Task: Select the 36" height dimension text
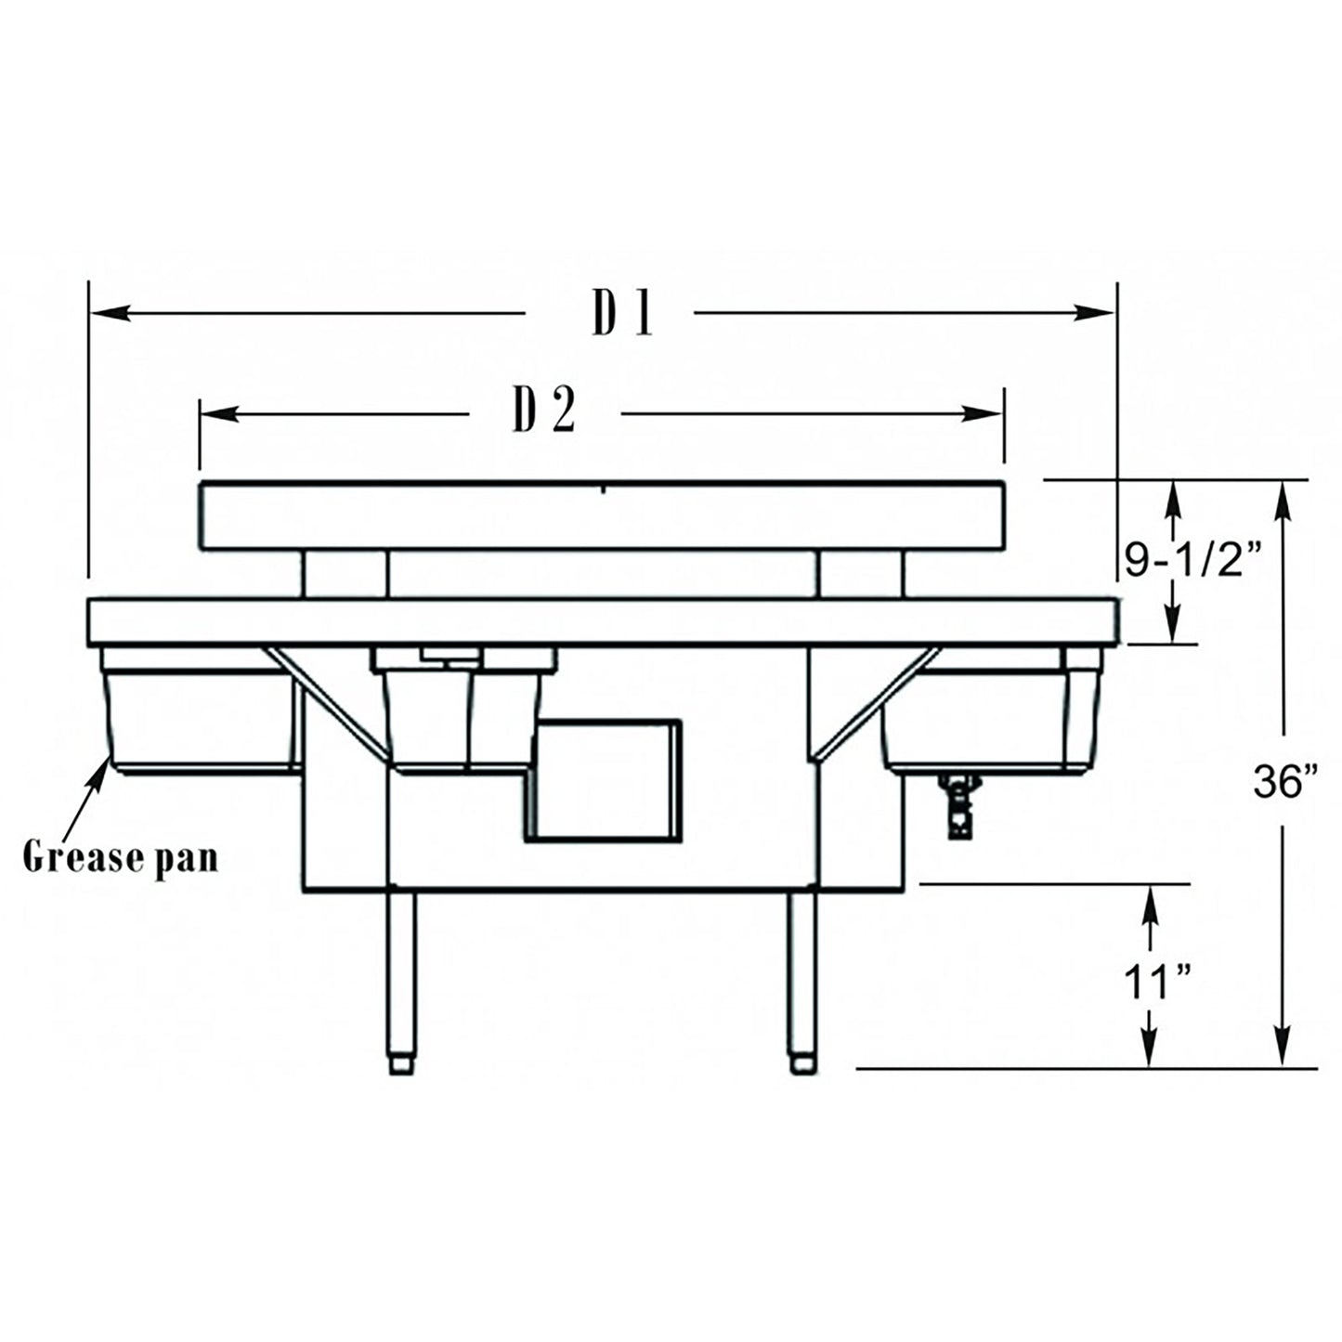coord(1286,783)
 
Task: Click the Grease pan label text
coord(121,856)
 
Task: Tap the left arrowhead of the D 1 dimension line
coord(107,314)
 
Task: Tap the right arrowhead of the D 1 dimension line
coord(1096,314)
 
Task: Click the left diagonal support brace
coord(325,701)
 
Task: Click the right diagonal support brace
coord(878,701)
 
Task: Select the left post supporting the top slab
coord(345,574)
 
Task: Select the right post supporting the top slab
coord(860,574)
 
